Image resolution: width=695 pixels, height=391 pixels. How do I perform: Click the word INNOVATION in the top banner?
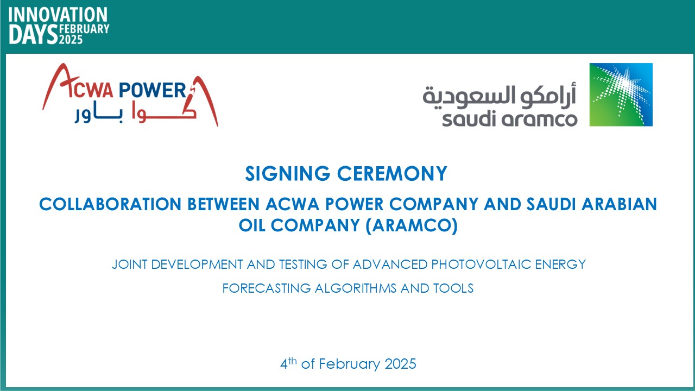click(x=58, y=15)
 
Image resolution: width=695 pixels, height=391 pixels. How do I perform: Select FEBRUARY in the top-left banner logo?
click(x=84, y=29)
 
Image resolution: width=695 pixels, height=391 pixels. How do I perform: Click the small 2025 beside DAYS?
click(x=71, y=40)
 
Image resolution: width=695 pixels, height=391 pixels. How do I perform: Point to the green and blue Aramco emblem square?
click(x=621, y=94)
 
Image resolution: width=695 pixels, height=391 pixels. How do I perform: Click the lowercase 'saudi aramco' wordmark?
click(x=510, y=119)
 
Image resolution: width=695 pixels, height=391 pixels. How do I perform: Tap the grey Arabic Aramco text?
click(x=500, y=96)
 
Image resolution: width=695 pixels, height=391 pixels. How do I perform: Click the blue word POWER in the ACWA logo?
click(x=153, y=90)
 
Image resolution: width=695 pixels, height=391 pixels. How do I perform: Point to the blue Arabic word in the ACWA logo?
click(x=99, y=115)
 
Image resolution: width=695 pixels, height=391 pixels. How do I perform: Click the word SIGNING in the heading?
click(x=288, y=173)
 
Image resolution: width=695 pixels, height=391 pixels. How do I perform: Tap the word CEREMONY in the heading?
click(x=392, y=173)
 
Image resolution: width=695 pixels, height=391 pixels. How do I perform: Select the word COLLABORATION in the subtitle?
click(x=110, y=204)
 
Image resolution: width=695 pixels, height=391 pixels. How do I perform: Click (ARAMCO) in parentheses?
click(x=412, y=225)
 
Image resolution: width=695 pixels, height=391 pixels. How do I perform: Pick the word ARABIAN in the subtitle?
click(x=620, y=204)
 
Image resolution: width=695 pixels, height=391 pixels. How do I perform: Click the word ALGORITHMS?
click(x=356, y=288)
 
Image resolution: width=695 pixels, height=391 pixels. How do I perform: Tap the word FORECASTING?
click(x=267, y=288)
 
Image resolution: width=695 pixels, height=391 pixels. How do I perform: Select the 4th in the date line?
click(x=288, y=363)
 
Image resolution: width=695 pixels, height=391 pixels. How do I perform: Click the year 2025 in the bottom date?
click(x=400, y=364)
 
